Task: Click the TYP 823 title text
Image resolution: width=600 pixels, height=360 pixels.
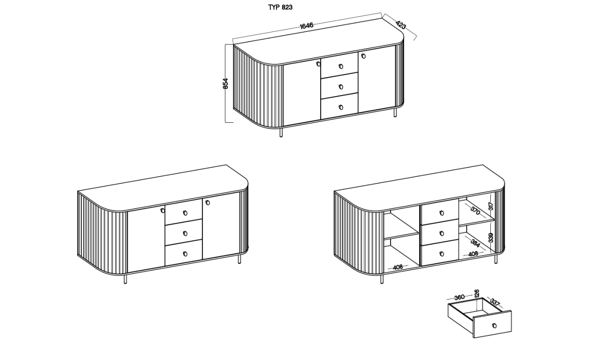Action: [x=280, y=7]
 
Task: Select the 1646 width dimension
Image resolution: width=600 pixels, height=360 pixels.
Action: [x=307, y=26]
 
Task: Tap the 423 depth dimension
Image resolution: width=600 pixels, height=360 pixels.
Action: [x=401, y=25]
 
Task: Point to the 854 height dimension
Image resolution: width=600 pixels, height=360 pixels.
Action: [x=225, y=83]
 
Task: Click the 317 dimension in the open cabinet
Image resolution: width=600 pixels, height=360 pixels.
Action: [x=491, y=206]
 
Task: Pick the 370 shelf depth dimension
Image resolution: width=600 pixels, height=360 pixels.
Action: [x=475, y=211]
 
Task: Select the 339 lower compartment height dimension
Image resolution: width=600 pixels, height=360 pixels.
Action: [x=491, y=238]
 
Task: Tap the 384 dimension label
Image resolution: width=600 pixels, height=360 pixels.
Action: [x=475, y=243]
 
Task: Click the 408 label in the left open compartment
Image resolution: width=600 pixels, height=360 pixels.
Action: [x=398, y=267]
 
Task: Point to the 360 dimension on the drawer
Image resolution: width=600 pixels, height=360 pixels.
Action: [x=459, y=297]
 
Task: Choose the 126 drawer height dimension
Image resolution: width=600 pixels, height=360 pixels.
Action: [x=476, y=293]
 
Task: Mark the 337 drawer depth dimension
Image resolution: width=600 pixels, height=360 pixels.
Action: [x=495, y=302]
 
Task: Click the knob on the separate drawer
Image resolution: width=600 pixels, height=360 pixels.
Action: [x=495, y=326]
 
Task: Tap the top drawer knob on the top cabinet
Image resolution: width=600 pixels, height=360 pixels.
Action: [x=341, y=66]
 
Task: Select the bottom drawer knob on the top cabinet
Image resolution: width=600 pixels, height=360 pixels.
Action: [x=341, y=107]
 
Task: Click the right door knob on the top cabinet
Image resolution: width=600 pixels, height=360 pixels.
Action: [x=363, y=56]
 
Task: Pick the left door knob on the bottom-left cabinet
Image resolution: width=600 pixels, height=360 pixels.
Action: [x=163, y=210]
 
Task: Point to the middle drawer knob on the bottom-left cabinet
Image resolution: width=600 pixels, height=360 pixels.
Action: [x=185, y=233]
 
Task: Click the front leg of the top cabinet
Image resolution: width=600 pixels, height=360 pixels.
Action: [x=281, y=133]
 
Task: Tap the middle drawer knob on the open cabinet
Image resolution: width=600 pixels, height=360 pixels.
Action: [x=442, y=233]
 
